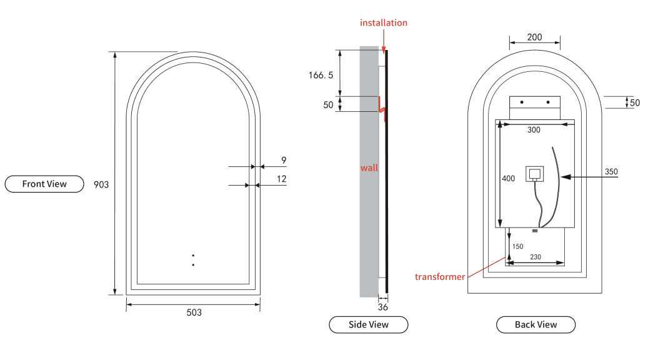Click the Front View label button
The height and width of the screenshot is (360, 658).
point(44,184)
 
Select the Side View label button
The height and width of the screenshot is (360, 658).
point(368,324)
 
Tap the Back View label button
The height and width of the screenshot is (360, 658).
point(536,324)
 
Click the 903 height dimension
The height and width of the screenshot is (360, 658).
point(101,184)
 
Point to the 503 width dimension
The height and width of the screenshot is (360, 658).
point(194,312)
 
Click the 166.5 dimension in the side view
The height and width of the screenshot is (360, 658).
point(321,75)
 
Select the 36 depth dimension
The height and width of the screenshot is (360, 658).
point(383,307)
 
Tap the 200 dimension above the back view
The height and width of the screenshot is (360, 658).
point(534,37)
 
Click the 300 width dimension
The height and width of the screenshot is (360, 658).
point(534,130)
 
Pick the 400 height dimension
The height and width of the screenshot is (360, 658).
point(509,179)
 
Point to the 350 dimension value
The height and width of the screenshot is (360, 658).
point(611,171)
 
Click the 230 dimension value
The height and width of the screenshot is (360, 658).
point(536,257)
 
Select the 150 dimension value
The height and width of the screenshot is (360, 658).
point(517,246)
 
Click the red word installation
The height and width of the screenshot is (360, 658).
point(384,22)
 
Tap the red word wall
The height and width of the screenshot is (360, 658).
point(369,167)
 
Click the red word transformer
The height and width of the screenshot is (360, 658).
point(440,276)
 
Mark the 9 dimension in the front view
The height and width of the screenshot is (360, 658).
point(284,161)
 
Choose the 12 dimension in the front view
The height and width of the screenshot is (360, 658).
point(282,179)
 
